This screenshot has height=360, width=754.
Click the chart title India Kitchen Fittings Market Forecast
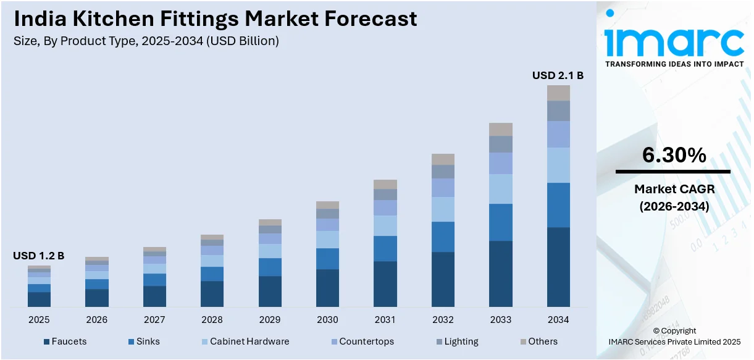point(215,19)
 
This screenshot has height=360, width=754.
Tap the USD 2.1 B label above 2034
point(558,75)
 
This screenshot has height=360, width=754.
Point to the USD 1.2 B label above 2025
point(38,256)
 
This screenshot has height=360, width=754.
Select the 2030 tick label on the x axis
point(327,320)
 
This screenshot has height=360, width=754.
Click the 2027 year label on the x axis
point(154,320)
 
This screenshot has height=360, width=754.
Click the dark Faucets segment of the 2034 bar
point(558,267)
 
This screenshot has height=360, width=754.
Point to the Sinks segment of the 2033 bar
point(501,222)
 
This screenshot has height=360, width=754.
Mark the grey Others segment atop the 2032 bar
point(443,159)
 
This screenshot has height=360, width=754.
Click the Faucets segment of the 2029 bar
point(270,291)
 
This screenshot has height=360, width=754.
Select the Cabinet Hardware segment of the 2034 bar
point(558,165)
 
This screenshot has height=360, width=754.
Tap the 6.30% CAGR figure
point(674,156)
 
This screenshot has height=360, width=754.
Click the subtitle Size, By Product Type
point(146,41)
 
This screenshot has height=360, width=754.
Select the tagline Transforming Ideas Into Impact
point(674,64)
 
